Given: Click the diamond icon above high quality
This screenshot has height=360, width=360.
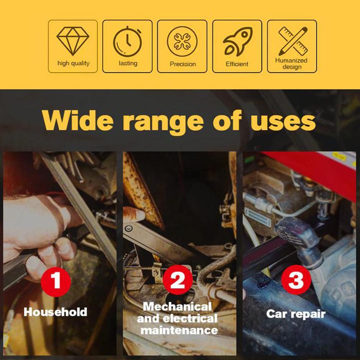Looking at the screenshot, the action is (73, 41).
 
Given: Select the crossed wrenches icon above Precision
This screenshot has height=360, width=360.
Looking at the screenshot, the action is (182, 41).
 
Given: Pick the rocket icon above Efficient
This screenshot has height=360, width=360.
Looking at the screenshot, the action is (237, 41).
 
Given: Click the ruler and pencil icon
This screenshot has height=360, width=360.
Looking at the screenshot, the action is (293, 41).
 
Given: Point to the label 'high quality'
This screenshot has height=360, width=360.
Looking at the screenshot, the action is (73, 63).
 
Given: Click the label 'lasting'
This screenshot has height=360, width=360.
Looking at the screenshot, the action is (128, 63).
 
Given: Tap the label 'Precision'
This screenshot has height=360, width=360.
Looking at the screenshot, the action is (183, 64).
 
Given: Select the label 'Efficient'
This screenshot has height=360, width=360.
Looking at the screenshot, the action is (237, 64).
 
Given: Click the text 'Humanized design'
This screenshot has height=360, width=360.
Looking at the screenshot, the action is (292, 64).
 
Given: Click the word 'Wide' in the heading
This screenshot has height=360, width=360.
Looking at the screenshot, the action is (78, 121).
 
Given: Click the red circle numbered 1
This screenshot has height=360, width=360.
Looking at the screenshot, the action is (56, 282).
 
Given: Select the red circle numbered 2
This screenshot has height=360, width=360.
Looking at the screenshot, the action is (177, 280).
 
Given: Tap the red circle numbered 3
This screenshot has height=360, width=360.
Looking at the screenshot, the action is (296, 280).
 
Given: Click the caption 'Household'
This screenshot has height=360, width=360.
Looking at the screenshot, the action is (55, 312).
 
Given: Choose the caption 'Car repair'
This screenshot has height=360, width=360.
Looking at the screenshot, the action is (296, 314).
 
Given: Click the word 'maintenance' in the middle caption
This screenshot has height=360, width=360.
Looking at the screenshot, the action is (179, 331).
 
